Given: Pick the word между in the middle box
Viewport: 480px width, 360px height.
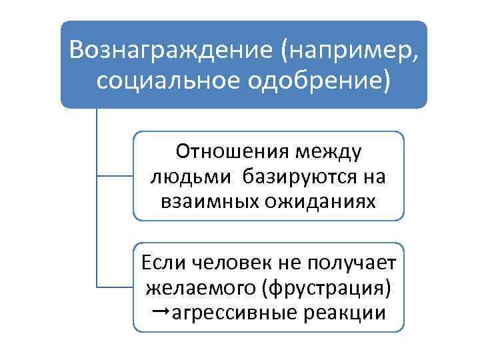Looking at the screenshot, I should click(327, 153).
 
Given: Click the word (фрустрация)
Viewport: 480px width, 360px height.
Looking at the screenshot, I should click(327, 288).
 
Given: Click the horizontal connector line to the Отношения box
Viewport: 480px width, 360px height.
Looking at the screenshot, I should click(115, 176).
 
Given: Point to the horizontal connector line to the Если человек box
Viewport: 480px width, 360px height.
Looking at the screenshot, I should click(115, 287).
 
